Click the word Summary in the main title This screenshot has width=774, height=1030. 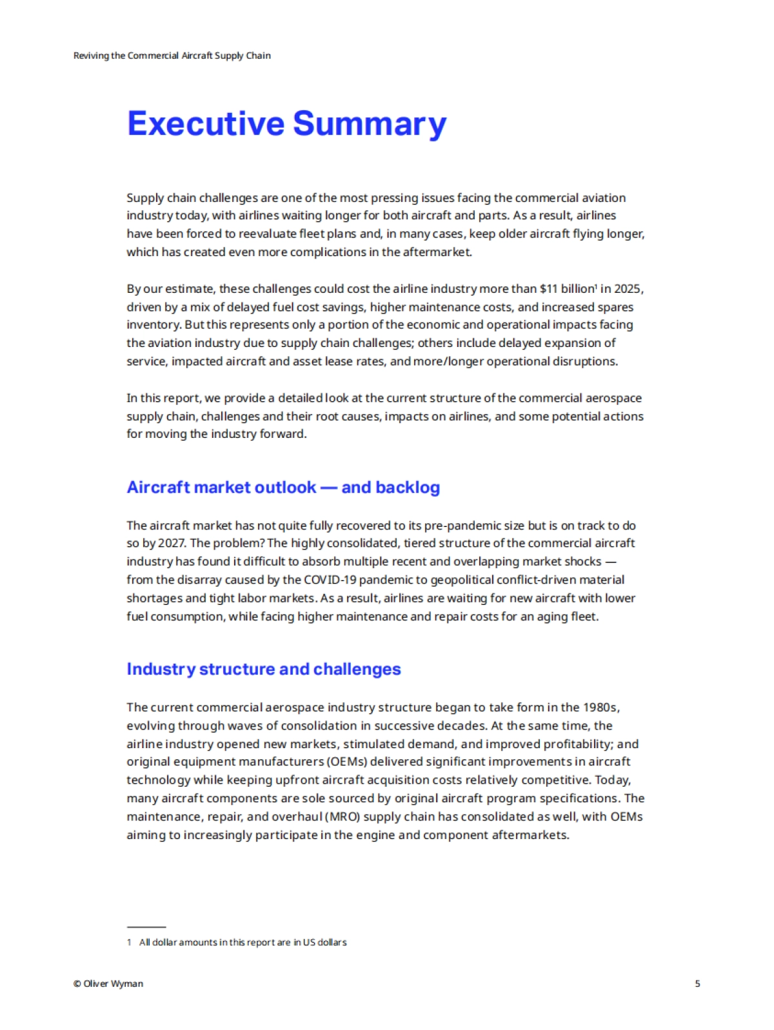(x=369, y=124)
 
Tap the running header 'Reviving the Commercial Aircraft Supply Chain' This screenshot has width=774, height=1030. (x=172, y=55)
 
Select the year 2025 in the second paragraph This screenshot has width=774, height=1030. (x=628, y=288)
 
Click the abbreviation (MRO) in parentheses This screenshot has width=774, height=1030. (x=342, y=817)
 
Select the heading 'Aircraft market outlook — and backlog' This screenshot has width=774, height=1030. (x=283, y=487)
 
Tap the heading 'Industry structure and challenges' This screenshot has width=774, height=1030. (x=263, y=669)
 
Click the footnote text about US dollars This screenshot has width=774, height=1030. (x=243, y=942)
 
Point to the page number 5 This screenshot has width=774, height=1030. (x=697, y=984)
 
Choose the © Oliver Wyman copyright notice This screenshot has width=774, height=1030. (x=108, y=984)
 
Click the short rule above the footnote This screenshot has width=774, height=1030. (x=146, y=927)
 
